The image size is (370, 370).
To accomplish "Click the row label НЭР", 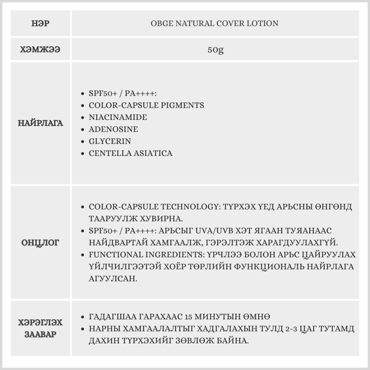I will click(41, 24).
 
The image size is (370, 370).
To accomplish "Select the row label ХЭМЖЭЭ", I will click(41, 49).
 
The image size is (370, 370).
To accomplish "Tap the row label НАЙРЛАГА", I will click(41, 123).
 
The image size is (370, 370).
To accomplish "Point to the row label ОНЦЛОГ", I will click(41, 243).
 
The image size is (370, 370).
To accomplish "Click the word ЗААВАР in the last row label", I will click(41, 334).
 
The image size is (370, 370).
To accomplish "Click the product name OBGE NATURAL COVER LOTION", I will click(215, 24).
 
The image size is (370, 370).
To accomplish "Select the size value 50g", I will click(215, 50).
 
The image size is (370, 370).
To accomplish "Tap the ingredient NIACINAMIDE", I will click(118, 117).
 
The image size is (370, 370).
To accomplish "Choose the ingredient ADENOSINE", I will click(113, 129).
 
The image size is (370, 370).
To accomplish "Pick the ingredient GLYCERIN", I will click(110, 141).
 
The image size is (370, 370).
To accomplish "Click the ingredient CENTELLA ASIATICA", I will click(131, 153).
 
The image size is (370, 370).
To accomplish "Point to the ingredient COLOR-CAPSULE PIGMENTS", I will click(146, 105).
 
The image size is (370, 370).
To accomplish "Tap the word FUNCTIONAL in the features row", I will click(113, 255).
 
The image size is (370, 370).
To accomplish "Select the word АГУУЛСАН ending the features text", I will click(113, 279).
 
